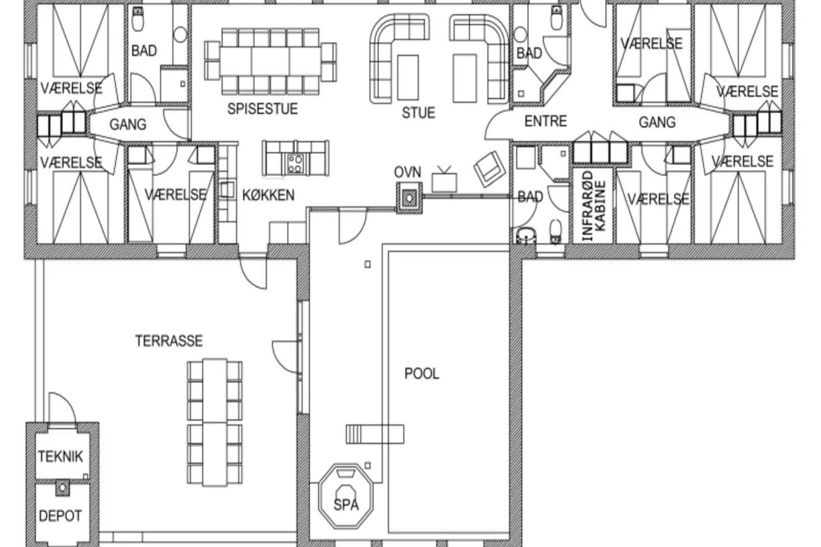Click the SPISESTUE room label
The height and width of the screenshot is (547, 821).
262,109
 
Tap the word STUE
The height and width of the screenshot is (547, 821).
419,113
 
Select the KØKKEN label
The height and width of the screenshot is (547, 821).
268,195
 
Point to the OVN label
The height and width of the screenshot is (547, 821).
407,172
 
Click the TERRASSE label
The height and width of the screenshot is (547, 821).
169,341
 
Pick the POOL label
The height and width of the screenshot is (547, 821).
422,374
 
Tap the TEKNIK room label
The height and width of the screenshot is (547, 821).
60,457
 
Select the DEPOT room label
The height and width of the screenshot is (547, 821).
60,516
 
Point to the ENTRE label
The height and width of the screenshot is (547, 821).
546,121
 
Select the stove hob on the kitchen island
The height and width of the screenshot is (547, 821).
295,164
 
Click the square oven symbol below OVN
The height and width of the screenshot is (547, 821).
408,198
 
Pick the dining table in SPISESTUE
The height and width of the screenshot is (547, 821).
270,61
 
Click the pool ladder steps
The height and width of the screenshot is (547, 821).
375,434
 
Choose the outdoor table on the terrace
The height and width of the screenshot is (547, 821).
215,423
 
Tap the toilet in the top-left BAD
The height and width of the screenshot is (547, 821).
138,19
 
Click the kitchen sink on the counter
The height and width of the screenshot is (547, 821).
227,190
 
